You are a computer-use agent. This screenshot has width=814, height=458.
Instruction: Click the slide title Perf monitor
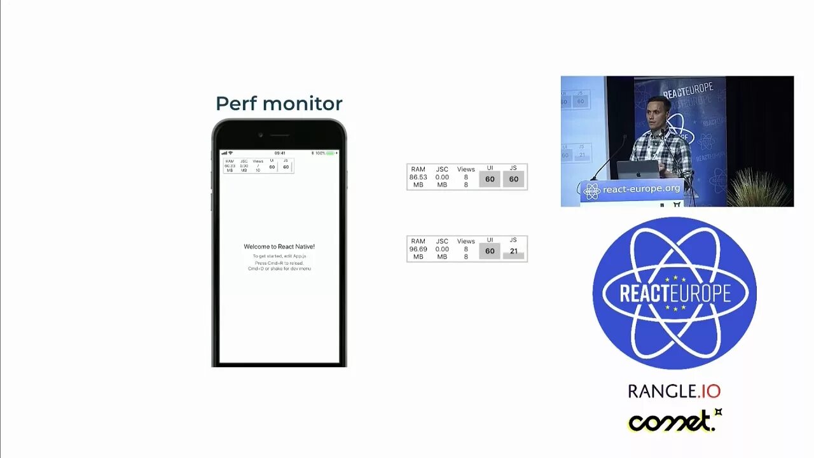coord(279,103)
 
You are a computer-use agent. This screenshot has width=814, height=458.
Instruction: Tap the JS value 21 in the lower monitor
coord(513,251)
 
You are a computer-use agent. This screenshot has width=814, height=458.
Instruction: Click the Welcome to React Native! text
coord(279,247)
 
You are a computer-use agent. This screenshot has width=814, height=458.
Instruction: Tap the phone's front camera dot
coord(260,135)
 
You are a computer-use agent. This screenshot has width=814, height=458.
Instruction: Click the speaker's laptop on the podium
coord(638,170)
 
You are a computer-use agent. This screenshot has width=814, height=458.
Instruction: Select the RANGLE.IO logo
coord(674,391)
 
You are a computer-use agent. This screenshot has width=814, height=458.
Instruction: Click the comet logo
coord(674,420)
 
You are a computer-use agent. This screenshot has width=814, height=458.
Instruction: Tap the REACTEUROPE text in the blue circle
coord(675,293)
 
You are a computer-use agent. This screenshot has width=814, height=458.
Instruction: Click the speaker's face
coord(658,114)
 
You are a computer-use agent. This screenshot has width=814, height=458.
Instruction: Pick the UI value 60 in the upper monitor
coord(490,179)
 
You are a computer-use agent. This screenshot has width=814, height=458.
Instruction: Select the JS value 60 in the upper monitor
coord(513,179)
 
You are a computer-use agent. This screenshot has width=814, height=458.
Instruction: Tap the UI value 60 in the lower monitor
coord(490,251)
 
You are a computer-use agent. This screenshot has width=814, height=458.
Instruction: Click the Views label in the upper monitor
coord(466,170)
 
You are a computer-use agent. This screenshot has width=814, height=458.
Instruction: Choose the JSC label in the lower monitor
coord(442,242)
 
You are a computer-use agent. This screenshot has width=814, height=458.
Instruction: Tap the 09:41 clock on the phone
coord(280,153)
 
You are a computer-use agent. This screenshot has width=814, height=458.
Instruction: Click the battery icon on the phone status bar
coord(330,153)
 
